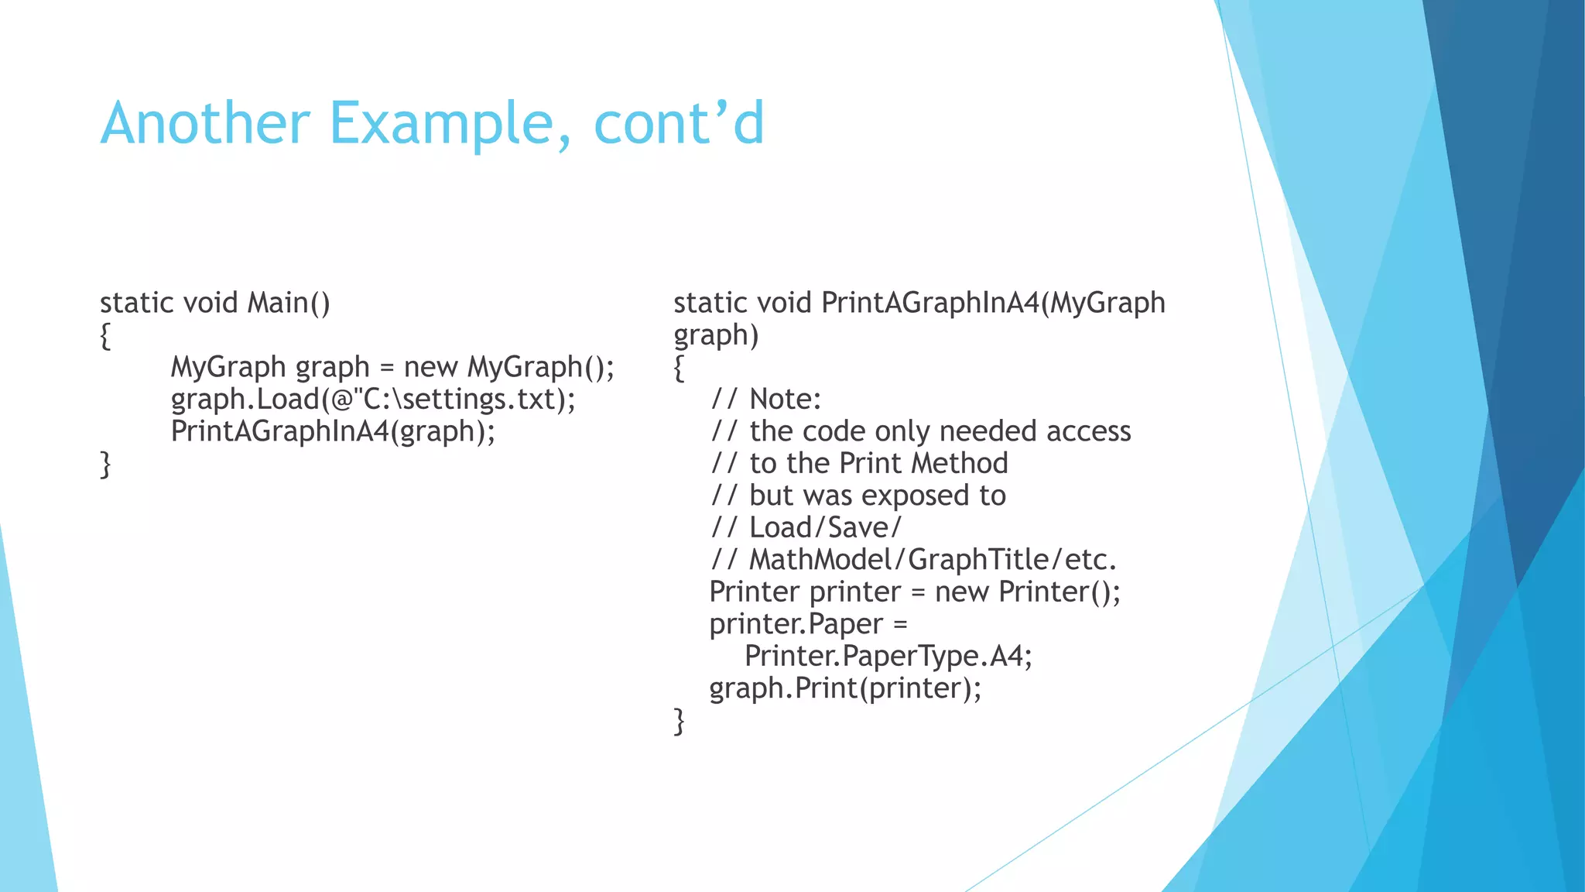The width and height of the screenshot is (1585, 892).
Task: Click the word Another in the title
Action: tap(205, 123)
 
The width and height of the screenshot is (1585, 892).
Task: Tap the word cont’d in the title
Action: tap(679, 123)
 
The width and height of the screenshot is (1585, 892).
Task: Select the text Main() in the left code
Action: tap(289, 303)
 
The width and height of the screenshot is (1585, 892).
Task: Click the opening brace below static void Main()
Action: tap(105, 336)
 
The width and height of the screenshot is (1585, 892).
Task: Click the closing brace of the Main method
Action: tap(105, 465)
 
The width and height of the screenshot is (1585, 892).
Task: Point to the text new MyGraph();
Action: tap(508, 367)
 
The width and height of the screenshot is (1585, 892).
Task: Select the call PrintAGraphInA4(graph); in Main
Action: tap(333, 431)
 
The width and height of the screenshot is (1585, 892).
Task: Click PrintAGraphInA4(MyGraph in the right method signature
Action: tap(993, 303)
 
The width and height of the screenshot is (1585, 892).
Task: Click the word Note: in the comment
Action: tap(785, 400)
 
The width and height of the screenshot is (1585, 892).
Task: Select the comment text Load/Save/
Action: tap(825, 528)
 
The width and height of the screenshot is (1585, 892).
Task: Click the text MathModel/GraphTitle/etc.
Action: tap(933, 560)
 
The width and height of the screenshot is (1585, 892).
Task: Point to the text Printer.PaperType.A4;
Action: tap(888, 657)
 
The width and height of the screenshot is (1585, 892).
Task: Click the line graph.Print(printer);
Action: tap(845, 688)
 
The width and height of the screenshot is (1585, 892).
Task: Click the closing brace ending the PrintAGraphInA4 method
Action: tap(679, 722)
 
